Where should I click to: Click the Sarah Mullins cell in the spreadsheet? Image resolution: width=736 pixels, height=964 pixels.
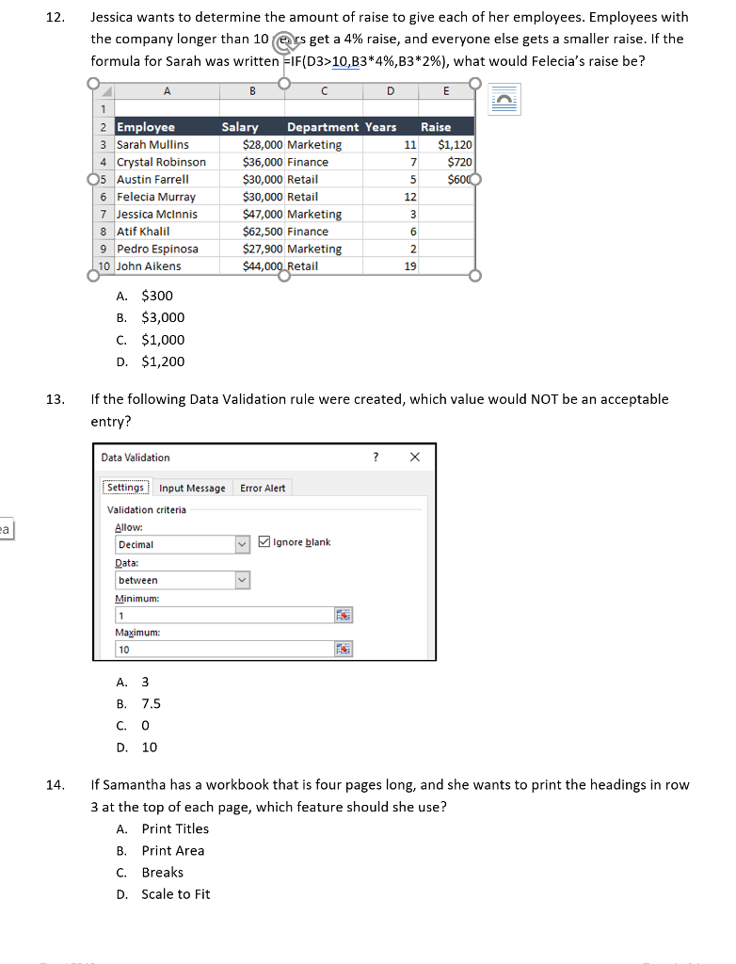pos(152,145)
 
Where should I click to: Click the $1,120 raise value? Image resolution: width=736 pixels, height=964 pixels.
pos(456,145)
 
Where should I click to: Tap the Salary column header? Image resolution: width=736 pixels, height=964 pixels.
pos(240,127)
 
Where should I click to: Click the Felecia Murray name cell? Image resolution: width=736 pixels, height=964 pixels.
pos(156,197)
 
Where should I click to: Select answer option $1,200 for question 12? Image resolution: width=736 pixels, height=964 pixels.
pos(162,361)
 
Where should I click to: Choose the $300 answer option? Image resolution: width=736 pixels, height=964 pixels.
pos(156,296)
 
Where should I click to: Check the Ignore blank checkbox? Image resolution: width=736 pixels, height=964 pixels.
pos(264,542)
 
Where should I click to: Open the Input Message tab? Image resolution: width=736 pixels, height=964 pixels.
pos(192,488)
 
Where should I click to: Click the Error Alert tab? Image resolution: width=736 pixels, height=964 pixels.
pos(263,488)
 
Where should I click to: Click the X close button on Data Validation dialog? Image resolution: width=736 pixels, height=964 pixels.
pos(415,458)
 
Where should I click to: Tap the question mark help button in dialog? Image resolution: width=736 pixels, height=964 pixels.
pos(376,458)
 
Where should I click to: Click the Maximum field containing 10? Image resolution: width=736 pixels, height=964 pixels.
pos(221,650)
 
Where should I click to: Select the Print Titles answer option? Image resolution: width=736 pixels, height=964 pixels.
pos(175,829)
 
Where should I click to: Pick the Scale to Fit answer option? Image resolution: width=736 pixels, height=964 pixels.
pos(176,894)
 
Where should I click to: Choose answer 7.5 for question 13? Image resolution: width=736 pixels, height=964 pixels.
pos(151,704)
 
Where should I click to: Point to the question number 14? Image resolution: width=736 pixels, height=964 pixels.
pos(55,785)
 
